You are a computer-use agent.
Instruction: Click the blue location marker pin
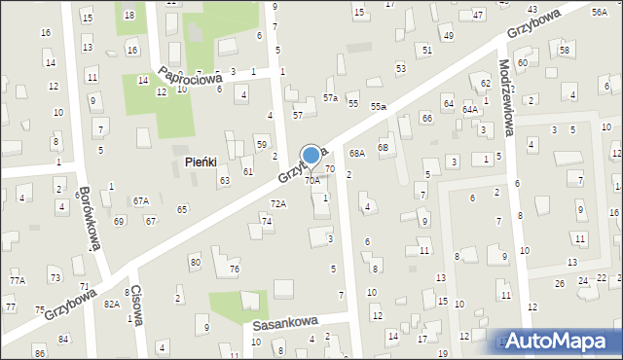click(x=311, y=156)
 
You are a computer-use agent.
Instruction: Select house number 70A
click(x=311, y=181)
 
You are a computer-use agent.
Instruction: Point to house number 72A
click(x=278, y=204)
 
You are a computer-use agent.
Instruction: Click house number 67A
click(x=141, y=200)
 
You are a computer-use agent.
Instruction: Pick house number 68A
click(x=357, y=154)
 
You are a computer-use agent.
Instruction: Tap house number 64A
click(x=470, y=110)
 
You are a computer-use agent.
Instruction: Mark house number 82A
click(x=112, y=305)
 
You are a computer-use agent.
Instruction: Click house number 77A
click(x=17, y=280)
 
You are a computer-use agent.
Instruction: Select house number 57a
click(x=331, y=98)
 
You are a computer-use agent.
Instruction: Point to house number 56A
click(x=599, y=12)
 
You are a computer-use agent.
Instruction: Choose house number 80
click(x=195, y=263)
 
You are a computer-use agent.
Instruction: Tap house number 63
click(x=224, y=181)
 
